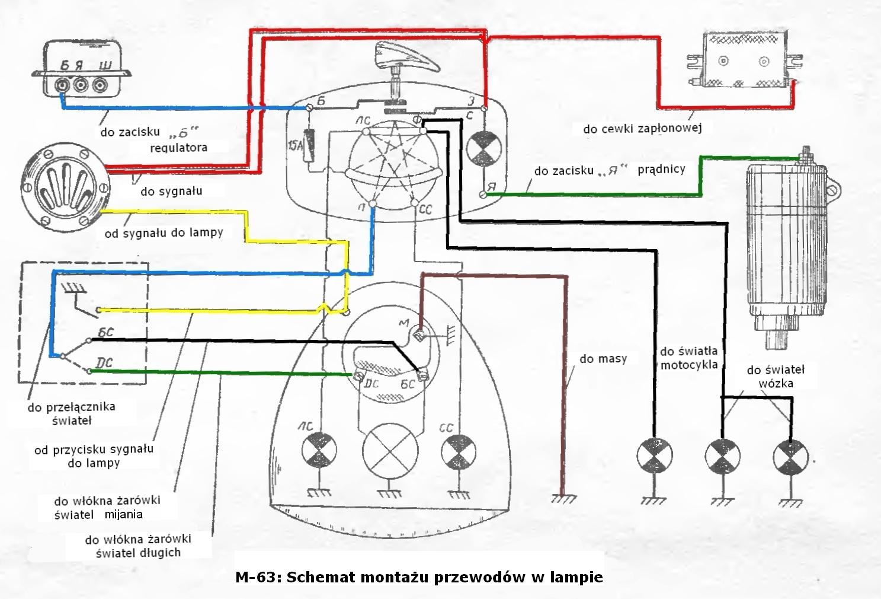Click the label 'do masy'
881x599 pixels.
[603, 359]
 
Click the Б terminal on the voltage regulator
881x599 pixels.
[61, 87]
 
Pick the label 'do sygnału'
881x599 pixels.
[171, 191]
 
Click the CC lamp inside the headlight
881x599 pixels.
[455, 451]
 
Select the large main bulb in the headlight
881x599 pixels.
[386, 450]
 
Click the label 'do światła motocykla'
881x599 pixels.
[688, 358]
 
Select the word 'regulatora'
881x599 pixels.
[178, 147]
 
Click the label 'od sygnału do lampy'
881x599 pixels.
[164, 233]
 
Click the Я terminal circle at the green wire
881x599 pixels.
[483, 195]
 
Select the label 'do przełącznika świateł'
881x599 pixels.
[71, 413]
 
